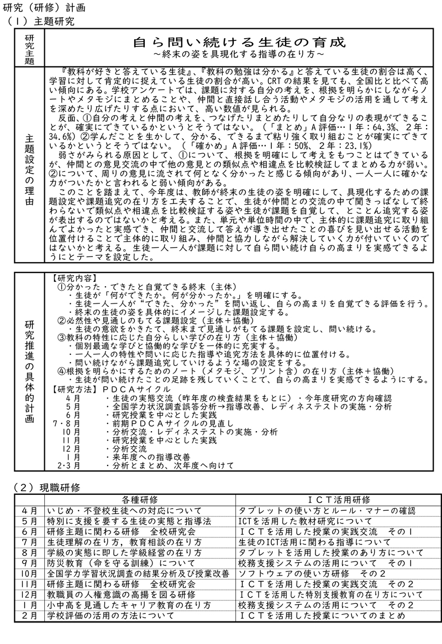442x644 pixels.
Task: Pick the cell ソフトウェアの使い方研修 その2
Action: [x=312, y=572]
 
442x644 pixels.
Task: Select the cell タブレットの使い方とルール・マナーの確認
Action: [x=327, y=510]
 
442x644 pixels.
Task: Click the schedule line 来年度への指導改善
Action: [x=150, y=457]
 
